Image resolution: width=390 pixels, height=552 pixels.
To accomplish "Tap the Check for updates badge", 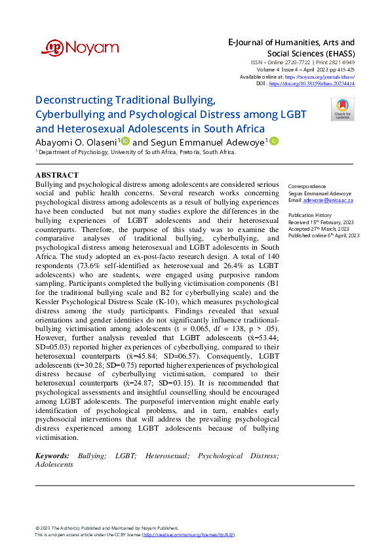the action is click(x=342, y=109).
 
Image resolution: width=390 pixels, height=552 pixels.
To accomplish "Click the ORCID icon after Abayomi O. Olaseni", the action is click(x=125, y=141).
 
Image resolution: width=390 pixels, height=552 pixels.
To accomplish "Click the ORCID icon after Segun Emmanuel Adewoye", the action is click(x=274, y=141).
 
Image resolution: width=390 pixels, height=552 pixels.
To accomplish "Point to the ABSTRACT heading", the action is click(x=56, y=175).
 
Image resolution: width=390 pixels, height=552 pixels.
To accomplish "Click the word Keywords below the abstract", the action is click(x=52, y=455).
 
